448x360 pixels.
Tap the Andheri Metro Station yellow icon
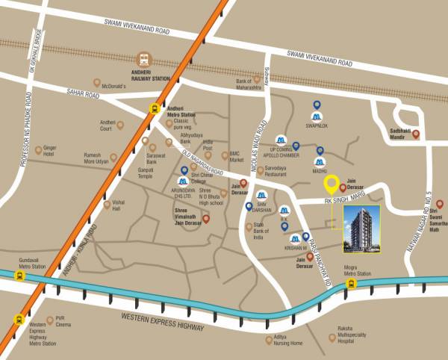155,108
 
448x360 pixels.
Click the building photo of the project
361,231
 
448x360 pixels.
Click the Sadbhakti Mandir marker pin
416,134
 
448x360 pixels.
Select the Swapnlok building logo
317,118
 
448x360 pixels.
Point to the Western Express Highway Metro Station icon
19,320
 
